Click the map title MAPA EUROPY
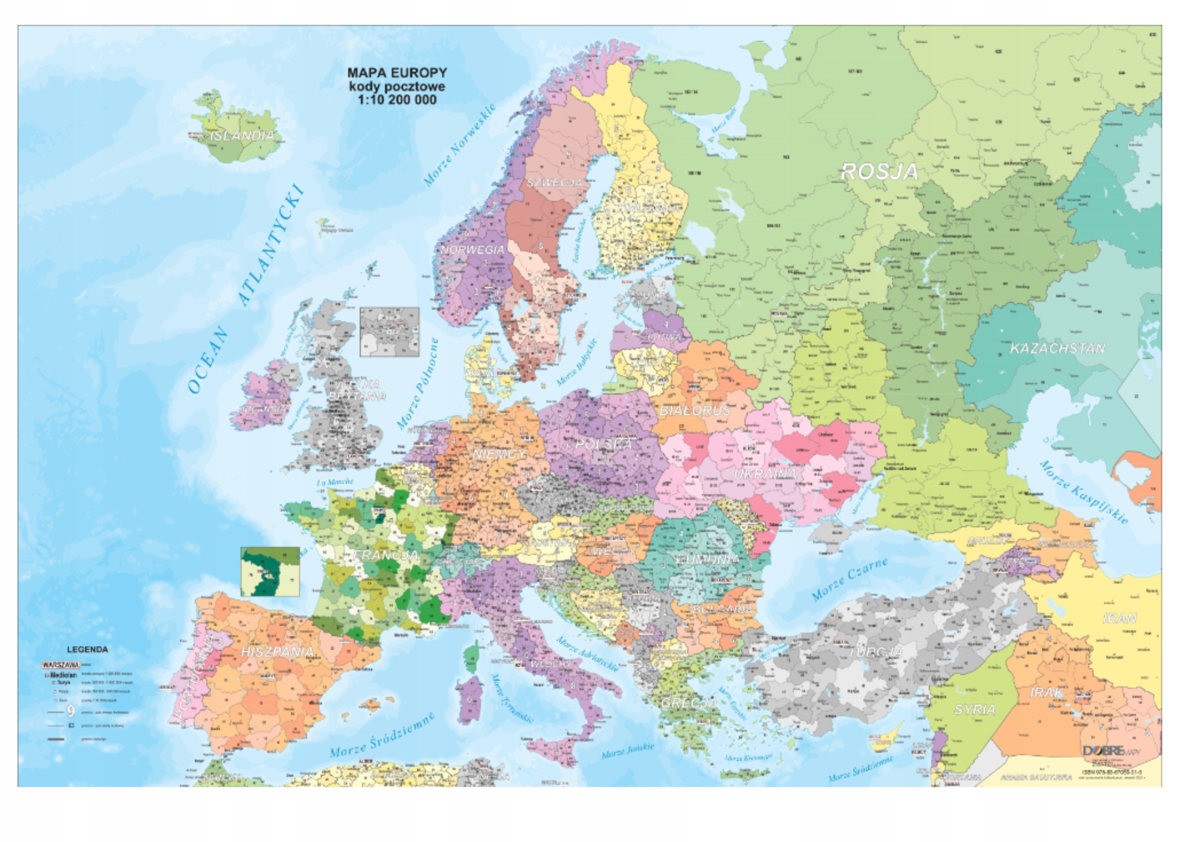pos(397,73)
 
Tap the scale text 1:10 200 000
pos(397,100)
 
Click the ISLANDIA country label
pos(242,136)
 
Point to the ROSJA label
pos(879,172)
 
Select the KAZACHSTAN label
pos(1057,348)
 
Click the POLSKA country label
pos(604,444)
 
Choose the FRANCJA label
pos(386,555)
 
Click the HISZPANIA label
pos(278,652)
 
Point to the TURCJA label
pos(876,652)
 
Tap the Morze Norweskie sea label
pos(460,145)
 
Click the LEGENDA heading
pos(87,649)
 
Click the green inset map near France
pos(270,571)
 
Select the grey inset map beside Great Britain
pos(389,332)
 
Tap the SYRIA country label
pos(975,709)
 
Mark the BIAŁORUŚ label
pos(695,411)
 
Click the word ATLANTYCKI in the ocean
pos(270,245)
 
